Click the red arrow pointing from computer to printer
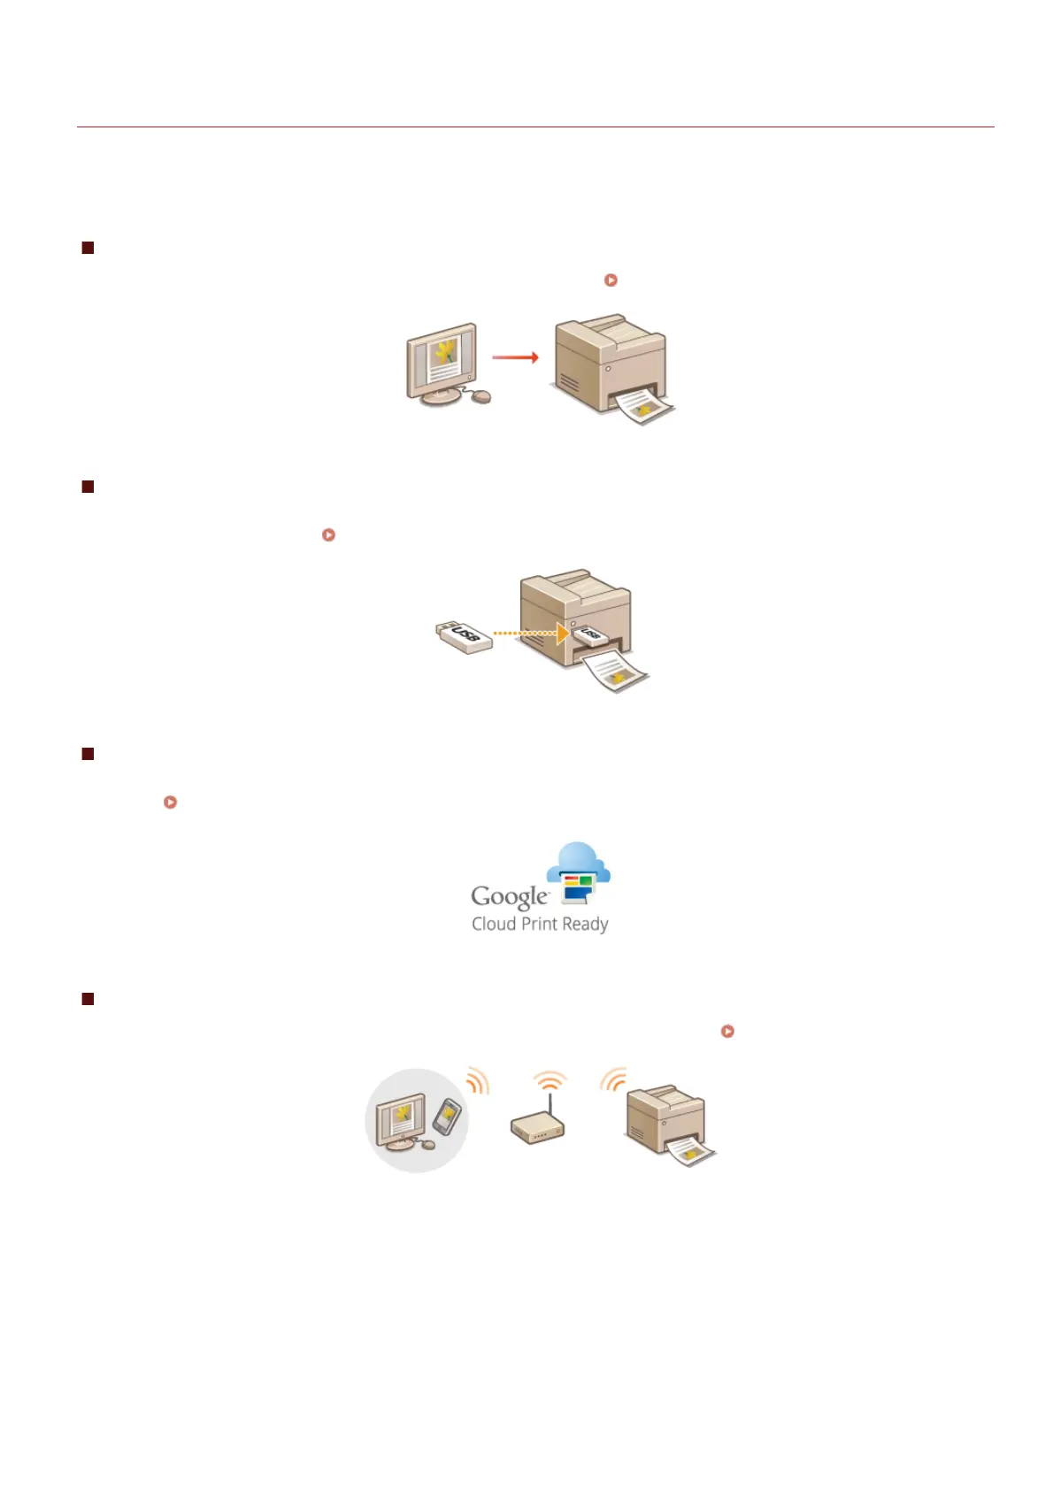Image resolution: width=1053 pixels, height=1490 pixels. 515,357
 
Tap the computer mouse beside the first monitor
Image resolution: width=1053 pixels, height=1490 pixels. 480,397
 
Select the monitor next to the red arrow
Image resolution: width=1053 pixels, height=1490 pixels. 442,361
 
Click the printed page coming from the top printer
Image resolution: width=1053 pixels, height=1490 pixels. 644,407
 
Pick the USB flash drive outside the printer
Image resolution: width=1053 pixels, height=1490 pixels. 465,637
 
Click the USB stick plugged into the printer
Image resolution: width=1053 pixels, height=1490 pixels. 588,634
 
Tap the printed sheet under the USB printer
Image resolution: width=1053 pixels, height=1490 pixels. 615,672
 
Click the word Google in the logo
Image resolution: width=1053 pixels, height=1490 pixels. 510,896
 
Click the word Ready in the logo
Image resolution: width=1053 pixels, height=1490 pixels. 585,925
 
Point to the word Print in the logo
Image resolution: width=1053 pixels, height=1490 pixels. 538,925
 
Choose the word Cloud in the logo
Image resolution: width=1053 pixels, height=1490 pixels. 494,925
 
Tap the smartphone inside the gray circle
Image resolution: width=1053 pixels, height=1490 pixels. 448,1116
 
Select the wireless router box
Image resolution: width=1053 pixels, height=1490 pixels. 537,1128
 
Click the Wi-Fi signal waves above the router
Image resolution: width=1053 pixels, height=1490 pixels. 550,1081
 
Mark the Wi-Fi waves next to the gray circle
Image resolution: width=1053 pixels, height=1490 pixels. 478,1080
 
